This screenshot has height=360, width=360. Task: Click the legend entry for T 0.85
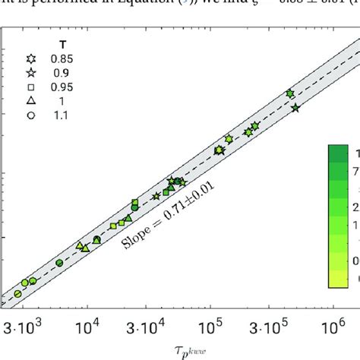coord(31,58)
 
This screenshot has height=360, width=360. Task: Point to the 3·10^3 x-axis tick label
coord(24,326)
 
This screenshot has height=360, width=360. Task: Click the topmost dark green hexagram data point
coord(289,93)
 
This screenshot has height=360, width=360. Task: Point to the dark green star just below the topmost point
coord(295,109)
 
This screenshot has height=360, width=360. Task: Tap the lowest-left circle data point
coord(17,294)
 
